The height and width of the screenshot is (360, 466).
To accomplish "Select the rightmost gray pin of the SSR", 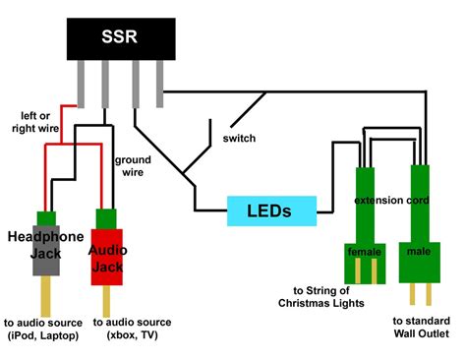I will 159,85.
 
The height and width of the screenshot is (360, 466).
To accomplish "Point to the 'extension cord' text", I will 391,202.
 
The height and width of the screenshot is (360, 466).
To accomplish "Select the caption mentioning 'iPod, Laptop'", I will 42,330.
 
